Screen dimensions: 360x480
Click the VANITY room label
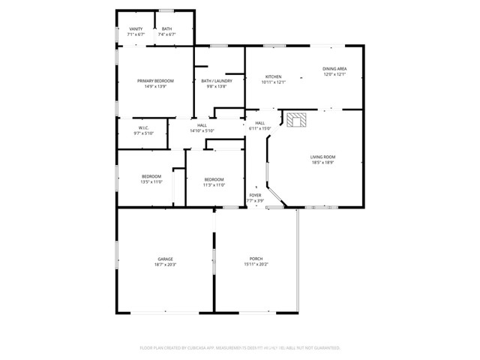coord(136,29)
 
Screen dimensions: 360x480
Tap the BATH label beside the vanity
coord(166,29)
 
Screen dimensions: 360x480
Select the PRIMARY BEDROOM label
coord(155,81)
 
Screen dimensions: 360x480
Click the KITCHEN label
coord(274,76)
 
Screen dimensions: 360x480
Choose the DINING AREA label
coord(334,69)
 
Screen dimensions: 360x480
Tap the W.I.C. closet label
coord(143,128)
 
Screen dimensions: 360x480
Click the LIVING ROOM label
coord(322,157)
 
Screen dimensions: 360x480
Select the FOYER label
coord(256,195)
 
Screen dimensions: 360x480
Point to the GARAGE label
coord(165,259)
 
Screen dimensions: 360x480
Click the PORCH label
coord(255,259)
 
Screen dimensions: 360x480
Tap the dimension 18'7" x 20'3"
coord(165,264)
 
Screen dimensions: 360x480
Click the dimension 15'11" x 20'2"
coord(255,264)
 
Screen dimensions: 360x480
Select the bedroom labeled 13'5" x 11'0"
coord(151,179)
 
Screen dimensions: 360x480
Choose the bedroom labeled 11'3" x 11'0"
coord(214,182)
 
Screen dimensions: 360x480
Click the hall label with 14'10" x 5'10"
coord(202,128)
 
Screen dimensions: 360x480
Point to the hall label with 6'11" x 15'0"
coord(259,126)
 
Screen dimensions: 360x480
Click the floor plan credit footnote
coord(240,347)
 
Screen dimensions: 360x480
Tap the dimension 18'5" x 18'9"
coord(322,162)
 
